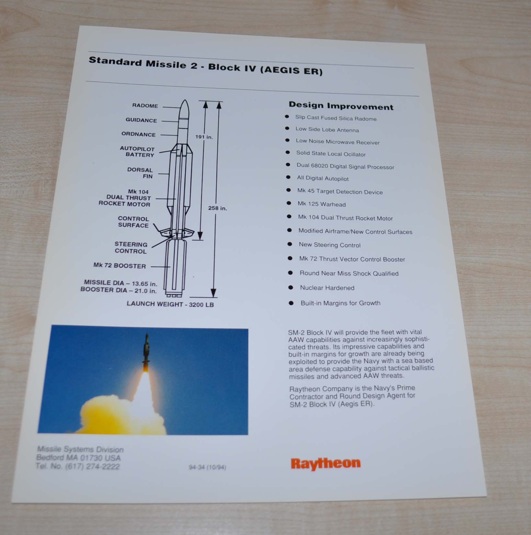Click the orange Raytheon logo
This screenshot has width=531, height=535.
point(326,463)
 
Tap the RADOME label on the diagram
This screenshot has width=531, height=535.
point(145,106)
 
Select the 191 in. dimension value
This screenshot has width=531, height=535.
point(204,137)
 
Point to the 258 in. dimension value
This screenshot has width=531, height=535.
point(218,208)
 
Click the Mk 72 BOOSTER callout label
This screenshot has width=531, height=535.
point(119,266)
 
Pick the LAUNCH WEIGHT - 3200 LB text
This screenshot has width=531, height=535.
point(170,304)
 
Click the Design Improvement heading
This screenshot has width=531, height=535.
point(341,106)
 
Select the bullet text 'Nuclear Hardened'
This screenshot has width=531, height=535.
point(327,288)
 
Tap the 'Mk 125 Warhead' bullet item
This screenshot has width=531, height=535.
point(322,204)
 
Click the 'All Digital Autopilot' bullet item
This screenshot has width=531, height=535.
point(323,178)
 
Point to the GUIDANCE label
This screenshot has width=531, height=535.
point(141,120)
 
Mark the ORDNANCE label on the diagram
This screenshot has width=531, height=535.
point(139,134)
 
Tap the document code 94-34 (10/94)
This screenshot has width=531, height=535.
point(208,467)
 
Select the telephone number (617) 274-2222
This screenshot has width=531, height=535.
point(92,467)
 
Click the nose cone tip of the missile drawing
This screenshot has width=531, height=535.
point(185,100)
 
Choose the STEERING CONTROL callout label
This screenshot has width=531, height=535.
point(131,248)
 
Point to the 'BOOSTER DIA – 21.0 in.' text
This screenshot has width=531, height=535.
point(119,290)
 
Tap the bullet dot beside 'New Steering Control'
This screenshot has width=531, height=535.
point(290,244)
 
